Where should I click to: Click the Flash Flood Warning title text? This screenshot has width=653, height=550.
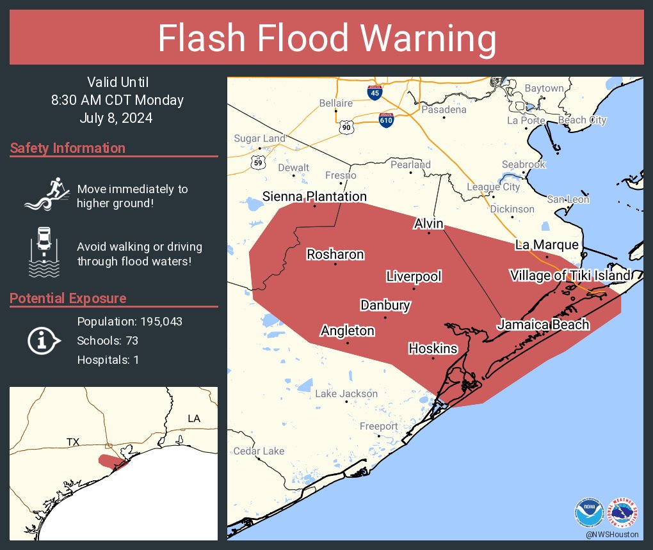pos(326,39)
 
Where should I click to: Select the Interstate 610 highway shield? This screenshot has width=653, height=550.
pos(385,119)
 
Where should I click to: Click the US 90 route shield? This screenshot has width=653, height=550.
pos(347,128)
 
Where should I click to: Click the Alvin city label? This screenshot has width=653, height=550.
pos(429,224)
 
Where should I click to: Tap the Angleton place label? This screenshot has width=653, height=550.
pos(348,331)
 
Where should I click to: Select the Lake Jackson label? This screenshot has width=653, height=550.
pos(346,394)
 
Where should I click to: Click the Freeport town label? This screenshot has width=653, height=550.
pos(378,427)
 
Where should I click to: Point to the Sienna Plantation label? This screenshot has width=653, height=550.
pos(314,197)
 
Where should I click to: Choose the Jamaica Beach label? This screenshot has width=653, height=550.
pos(543,325)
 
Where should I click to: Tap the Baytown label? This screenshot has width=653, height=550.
pos(544,88)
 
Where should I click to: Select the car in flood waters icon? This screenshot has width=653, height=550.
pos(43,252)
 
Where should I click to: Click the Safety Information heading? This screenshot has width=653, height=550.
pos(68,148)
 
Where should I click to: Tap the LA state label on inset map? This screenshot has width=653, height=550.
pos(194,418)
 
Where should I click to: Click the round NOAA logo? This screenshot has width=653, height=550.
pos(588,512)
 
